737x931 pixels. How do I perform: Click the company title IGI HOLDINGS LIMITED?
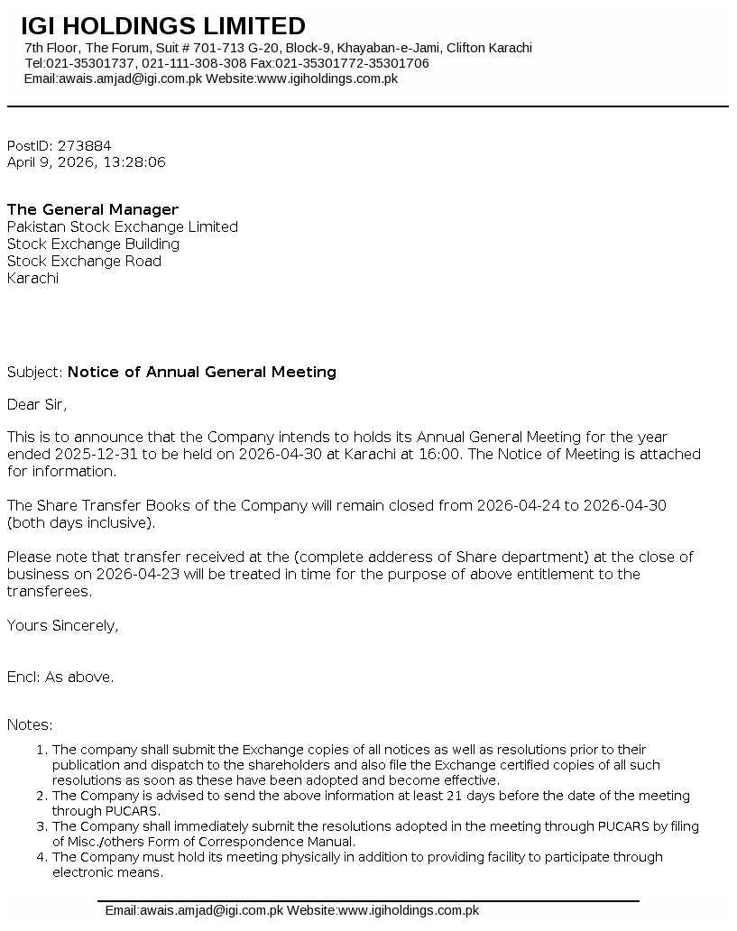(163, 26)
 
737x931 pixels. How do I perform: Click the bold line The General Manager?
(93, 209)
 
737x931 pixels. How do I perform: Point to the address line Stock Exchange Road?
(84, 261)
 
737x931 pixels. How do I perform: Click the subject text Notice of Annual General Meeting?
(201, 372)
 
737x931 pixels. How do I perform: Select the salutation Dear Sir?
(37, 403)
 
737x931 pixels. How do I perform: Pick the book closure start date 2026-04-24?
(518, 505)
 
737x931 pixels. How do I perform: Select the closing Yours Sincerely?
(62, 625)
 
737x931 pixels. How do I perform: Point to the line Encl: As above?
(60, 677)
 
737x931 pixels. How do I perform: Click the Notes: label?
(30, 724)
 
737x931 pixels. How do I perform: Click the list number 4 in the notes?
(41, 857)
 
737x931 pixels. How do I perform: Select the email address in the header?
(130, 78)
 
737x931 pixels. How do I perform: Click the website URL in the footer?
(408, 910)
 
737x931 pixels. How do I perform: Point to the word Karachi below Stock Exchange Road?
(32, 278)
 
